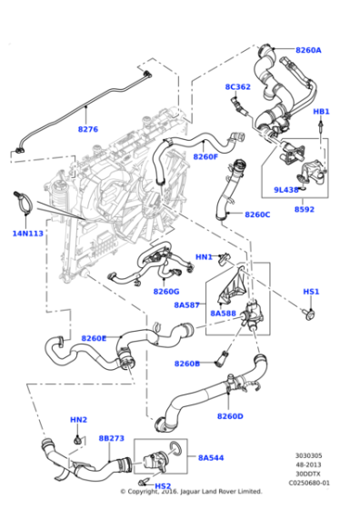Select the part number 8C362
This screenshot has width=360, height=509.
pyautogui.click(x=238, y=87)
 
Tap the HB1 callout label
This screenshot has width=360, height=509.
pyautogui.click(x=321, y=111)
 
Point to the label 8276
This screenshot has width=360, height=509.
pyautogui.click(x=87, y=129)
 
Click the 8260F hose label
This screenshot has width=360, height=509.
pyautogui.click(x=205, y=156)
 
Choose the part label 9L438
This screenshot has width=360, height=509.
pyautogui.click(x=287, y=190)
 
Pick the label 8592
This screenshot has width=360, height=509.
pyautogui.click(x=305, y=209)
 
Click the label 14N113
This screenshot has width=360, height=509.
pyautogui.click(x=27, y=233)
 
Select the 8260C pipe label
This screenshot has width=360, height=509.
pyautogui.click(x=257, y=215)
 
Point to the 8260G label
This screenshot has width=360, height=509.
pyautogui.click(x=166, y=292)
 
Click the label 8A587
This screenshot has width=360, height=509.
pyautogui.click(x=188, y=306)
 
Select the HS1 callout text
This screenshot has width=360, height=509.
pyautogui.click(x=311, y=292)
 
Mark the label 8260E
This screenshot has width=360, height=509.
pyautogui.click(x=94, y=338)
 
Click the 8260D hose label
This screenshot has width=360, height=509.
pyautogui.click(x=230, y=416)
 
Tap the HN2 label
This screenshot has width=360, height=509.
pyautogui.click(x=79, y=420)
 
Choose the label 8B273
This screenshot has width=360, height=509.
pyautogui.click(x=111, y=438)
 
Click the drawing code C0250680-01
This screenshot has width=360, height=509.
pyautogui.click(x=308, y=483)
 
